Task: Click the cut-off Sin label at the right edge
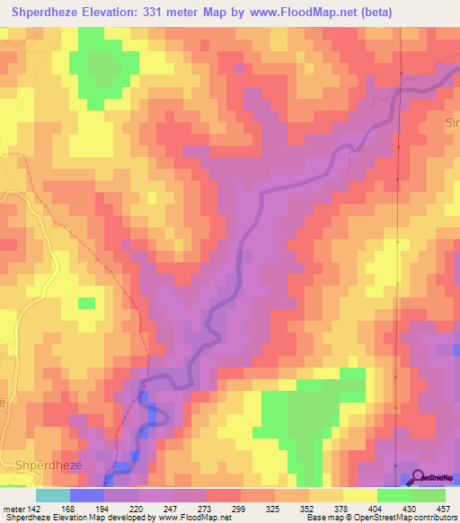click(452, 120)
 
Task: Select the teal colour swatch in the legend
click(53, 494)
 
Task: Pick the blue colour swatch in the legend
click(87, 494)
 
